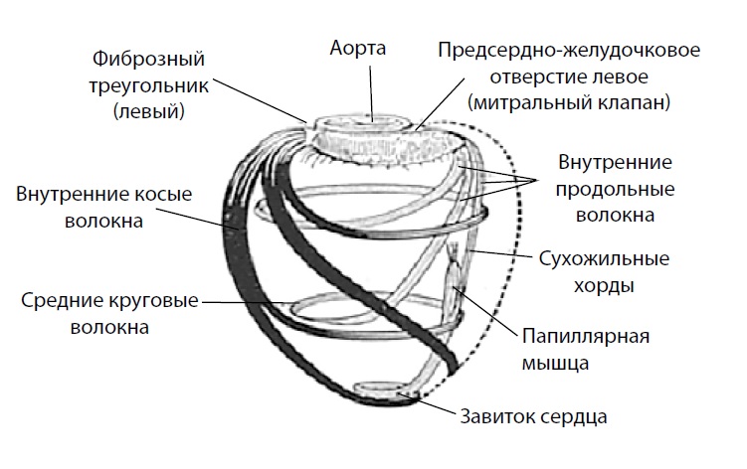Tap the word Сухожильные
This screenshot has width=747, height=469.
pos(603,260)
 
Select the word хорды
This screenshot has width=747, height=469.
pos(609,286)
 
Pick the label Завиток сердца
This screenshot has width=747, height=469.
pos(532,415)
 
